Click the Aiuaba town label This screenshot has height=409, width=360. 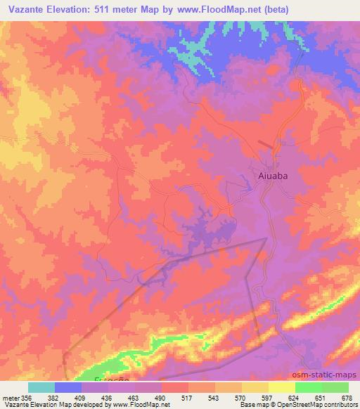[x=270, y=177]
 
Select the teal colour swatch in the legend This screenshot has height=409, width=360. [x=41, y=387]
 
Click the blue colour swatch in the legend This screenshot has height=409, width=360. [x=67, y=387]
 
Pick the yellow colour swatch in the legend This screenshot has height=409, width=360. [x=255, y=387]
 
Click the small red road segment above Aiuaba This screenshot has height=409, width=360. [x=266, y=145]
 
